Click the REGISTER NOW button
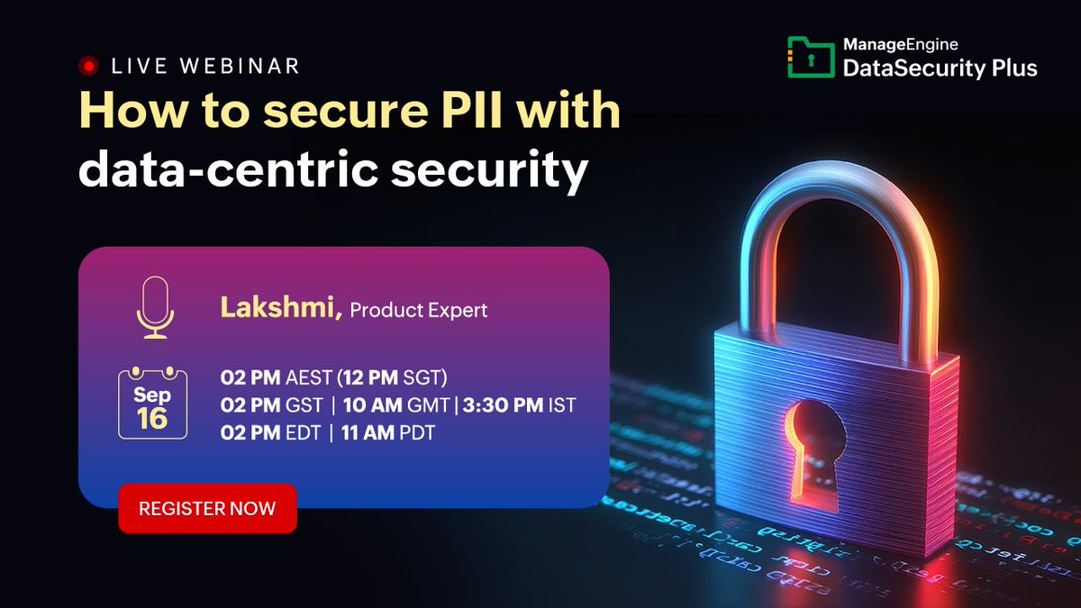click(207, 509)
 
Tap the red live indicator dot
click(88, 66)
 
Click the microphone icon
click(154, 308)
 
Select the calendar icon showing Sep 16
click(152, 404)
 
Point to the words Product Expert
click(419, 311)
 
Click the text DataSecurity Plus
click(940, 68)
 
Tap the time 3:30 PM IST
click(519, 405)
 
